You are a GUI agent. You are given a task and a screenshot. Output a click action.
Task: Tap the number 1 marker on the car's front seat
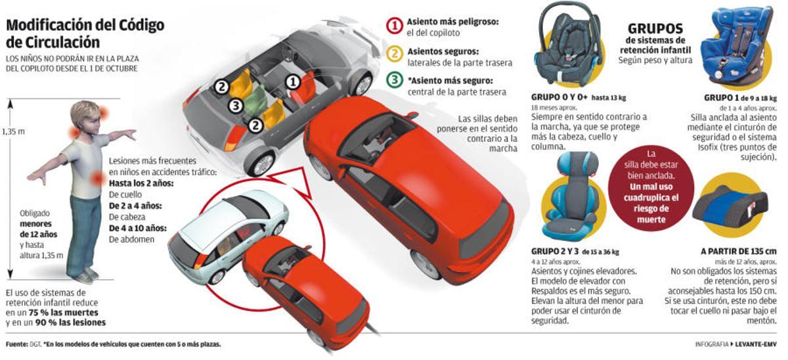(x=292, y=81)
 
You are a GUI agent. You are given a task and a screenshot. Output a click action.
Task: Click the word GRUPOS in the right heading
(x=655, y=29)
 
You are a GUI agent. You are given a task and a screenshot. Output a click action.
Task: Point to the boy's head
(x=86, y=119)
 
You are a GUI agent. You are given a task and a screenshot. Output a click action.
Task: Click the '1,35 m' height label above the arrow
(x=13, y=131)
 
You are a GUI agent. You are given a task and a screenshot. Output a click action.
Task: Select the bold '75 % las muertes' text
(x=60, y=313)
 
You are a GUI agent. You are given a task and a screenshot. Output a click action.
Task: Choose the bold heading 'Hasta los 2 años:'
(x=141, y=183)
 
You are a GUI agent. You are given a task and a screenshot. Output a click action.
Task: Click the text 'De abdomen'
(x=132, y=239)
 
